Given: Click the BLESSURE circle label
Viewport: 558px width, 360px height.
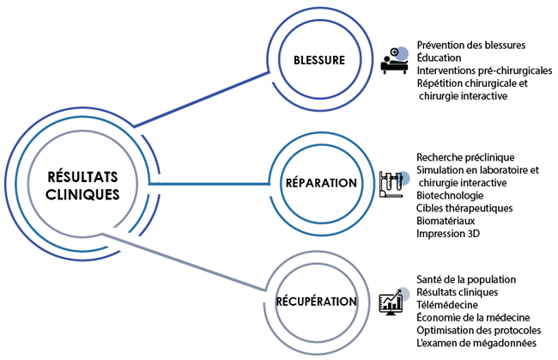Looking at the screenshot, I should pyautogui.click(x=318, y=61).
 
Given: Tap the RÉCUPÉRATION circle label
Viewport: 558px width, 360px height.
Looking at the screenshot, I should pyautogui.click(x=317, y=302).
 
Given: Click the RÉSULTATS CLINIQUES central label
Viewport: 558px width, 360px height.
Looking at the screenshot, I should pyautogui.click(x=82, y=186).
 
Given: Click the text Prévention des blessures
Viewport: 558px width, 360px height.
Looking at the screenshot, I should pyautogui.click(x=470, y=45).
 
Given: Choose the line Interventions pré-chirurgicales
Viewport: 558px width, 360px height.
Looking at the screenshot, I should pyautogui.click(x=484, y=70).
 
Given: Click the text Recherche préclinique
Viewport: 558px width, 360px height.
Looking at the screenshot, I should pyautogui.click(x=464, y=157).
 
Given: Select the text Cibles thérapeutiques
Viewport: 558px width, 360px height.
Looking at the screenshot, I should pyautogui.click(x=464, y=208).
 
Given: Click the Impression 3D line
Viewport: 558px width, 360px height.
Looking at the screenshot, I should pyautogui.click(x=447, y=234).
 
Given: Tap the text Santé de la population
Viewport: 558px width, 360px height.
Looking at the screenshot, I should pyautogui.click(x=465, y=279).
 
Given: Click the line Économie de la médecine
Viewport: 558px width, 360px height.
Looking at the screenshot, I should pyautogui.click(x=472, y=317).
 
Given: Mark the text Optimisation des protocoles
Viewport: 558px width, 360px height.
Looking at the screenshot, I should pyautogui.click(x=476, y=330).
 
